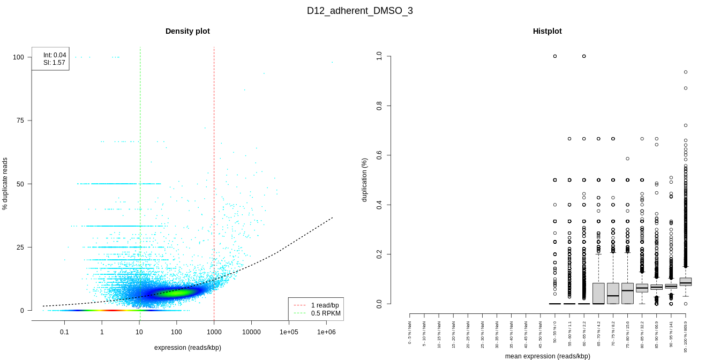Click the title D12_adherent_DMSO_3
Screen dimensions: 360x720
point(359,11)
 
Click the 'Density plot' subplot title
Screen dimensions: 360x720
point(187,31)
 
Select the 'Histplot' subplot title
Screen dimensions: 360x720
point(547,31)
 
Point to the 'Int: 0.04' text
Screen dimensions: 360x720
point(55,55)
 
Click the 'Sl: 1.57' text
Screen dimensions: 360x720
point(54,63)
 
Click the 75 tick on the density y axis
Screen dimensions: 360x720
point(20,121)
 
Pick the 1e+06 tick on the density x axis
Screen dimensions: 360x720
point(326,332)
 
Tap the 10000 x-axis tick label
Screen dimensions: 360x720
point(251,332)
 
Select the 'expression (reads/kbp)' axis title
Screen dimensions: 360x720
point(187,348)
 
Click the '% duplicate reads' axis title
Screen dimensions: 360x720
point(5,184)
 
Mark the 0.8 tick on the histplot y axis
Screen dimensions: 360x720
point(379,106)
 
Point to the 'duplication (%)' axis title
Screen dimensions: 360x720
point(365,179)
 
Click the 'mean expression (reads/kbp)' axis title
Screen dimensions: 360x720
point(547,356)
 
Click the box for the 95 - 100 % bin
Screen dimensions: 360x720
point(685,282)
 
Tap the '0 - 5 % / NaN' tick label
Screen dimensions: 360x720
point(410,333)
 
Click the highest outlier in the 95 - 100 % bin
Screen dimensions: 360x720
point(686,72)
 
